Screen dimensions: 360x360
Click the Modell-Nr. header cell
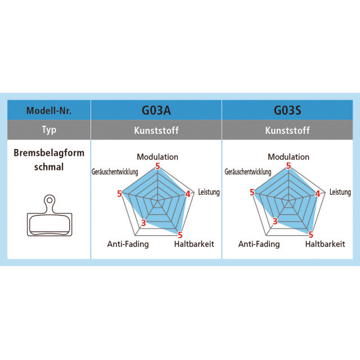(x=49, y=110)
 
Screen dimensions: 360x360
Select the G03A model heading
(x=156, y=110)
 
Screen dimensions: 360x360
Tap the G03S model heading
(x=287, y=110)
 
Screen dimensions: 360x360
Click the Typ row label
(x=49, y=130)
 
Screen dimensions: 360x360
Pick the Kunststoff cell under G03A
(x=156, y=130)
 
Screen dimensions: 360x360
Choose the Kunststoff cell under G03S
(x=287, y=130)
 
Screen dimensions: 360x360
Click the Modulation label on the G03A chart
(x=157, y=157)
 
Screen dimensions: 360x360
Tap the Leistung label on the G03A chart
(x=209, y=192)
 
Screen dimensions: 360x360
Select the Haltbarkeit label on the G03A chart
(x=194, y=244)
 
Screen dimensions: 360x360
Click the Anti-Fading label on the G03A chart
(x=128, y=244)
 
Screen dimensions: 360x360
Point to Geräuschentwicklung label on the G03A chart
(x=116, y=172)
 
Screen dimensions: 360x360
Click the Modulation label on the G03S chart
(x=289, y=157)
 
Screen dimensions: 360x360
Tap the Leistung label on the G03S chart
(x=340, y=192)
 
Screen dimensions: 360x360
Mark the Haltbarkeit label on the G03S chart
(x=325, y=244)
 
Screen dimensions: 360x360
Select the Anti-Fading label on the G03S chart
(x=259, y=244)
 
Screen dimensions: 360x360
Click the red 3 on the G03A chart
(x=143, y=223)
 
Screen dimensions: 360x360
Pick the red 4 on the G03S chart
(x=318, y=194)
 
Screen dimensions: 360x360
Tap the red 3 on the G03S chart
(x=275, y=221)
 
